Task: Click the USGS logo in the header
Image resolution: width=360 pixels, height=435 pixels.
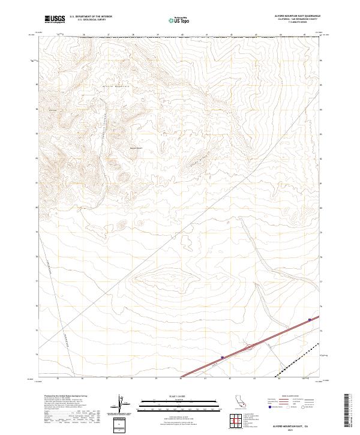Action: coord(55,20)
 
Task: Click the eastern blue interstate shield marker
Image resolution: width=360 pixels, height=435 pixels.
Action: coord(310,320)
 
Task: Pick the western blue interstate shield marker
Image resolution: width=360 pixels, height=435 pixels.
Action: coord(222,358)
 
